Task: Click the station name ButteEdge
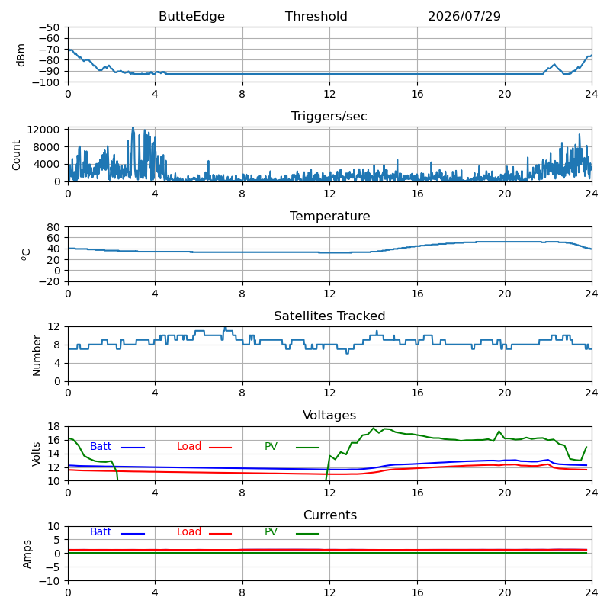191,16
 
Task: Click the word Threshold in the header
316,16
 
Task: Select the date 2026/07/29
464,16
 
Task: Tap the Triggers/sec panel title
329,117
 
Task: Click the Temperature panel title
329,216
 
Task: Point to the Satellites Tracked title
329,316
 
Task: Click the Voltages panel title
329,416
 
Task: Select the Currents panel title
330,515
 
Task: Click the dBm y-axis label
21,55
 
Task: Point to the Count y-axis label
16,156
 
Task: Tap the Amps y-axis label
27,554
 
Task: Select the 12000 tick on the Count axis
43,130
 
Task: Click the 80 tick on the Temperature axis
53,227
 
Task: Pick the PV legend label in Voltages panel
271,446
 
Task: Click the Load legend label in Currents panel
189,531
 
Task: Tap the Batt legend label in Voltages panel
101,446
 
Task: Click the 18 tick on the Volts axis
53,427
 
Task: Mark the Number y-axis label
37,355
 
